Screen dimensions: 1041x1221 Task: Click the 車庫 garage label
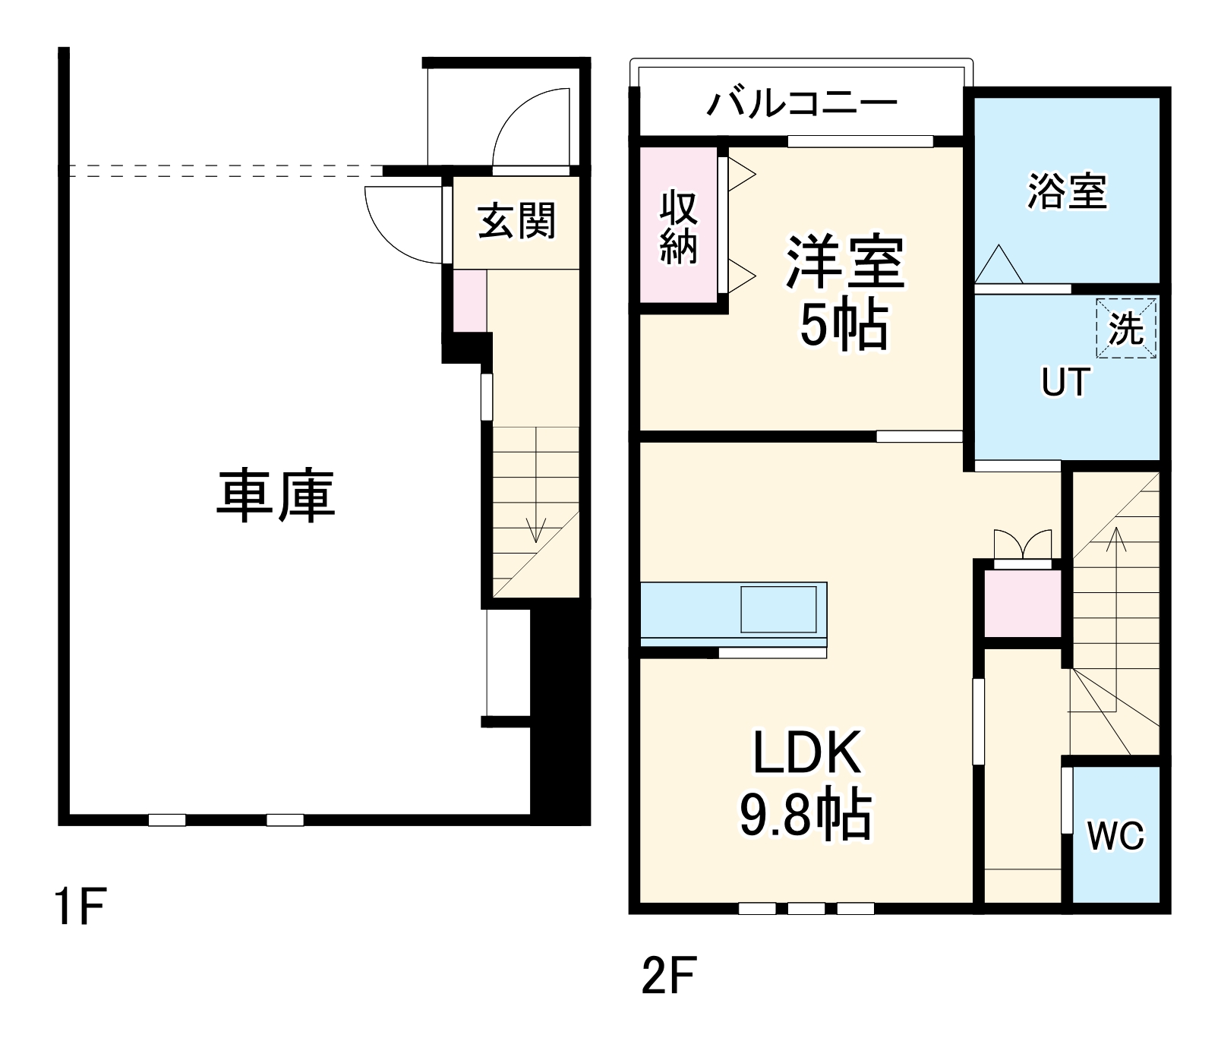pyautogui.click(x=276, y=497)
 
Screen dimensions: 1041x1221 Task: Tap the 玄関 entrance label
pyautogui.click(x=516, y=221)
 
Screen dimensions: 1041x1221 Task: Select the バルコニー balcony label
pyautogui.click(x=802, y=103)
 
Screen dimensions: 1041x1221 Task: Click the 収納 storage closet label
pyautogui.click(x=678, y=226)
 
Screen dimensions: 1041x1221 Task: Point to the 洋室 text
pyautogui.click(x=845, y=263)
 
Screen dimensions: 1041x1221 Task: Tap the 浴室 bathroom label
pyautogui.click(x=1067, y=191)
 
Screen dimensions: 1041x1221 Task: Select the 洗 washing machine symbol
pyautogui.click(x=1126, y=329)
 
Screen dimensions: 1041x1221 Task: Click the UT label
pyautogui.click(x=1065, y=383)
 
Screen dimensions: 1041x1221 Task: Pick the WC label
pyautogui.click(x=1115, y=836)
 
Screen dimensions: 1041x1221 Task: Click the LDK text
pyautogui.click(x=806, y=752)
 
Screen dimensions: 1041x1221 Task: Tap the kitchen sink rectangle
pyautogui.click(x=778, y=609)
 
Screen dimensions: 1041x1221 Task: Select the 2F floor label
pyautogui.click(x=668, y=976)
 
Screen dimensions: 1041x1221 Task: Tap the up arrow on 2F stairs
pyautogui.click(x=1115, y=540)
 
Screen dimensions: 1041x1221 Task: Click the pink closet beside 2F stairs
pyautogui.click(x=1022, y=603)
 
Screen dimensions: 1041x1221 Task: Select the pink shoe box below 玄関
pyautogui.click(x=470, y=301)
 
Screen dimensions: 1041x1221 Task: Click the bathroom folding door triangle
pyautogui.click(x=999, y=266)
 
